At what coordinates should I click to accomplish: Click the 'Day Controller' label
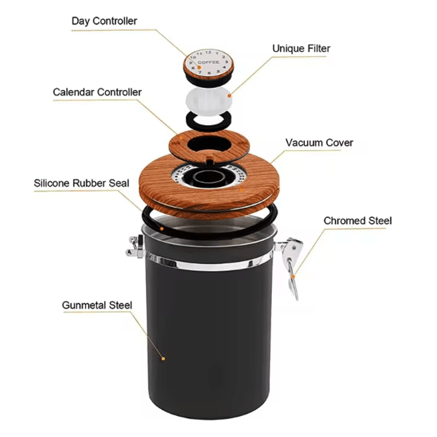click(104, 21)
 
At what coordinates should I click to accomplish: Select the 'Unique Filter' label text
click(301, 49)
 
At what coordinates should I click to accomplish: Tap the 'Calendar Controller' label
click(97, 92)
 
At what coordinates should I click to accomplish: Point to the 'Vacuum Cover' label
click(319, 143)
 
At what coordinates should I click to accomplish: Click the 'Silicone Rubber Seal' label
click(81, 183)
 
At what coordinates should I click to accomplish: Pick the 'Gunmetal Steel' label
click(97, 305)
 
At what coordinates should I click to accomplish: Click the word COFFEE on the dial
click(209, 62)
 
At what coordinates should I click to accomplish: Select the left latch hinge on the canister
click(135, 246)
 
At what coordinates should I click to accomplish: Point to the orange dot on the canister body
click(163, 358)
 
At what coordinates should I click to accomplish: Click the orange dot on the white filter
click(230, 96)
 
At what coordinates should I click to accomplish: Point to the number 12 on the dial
click(208, 52)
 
